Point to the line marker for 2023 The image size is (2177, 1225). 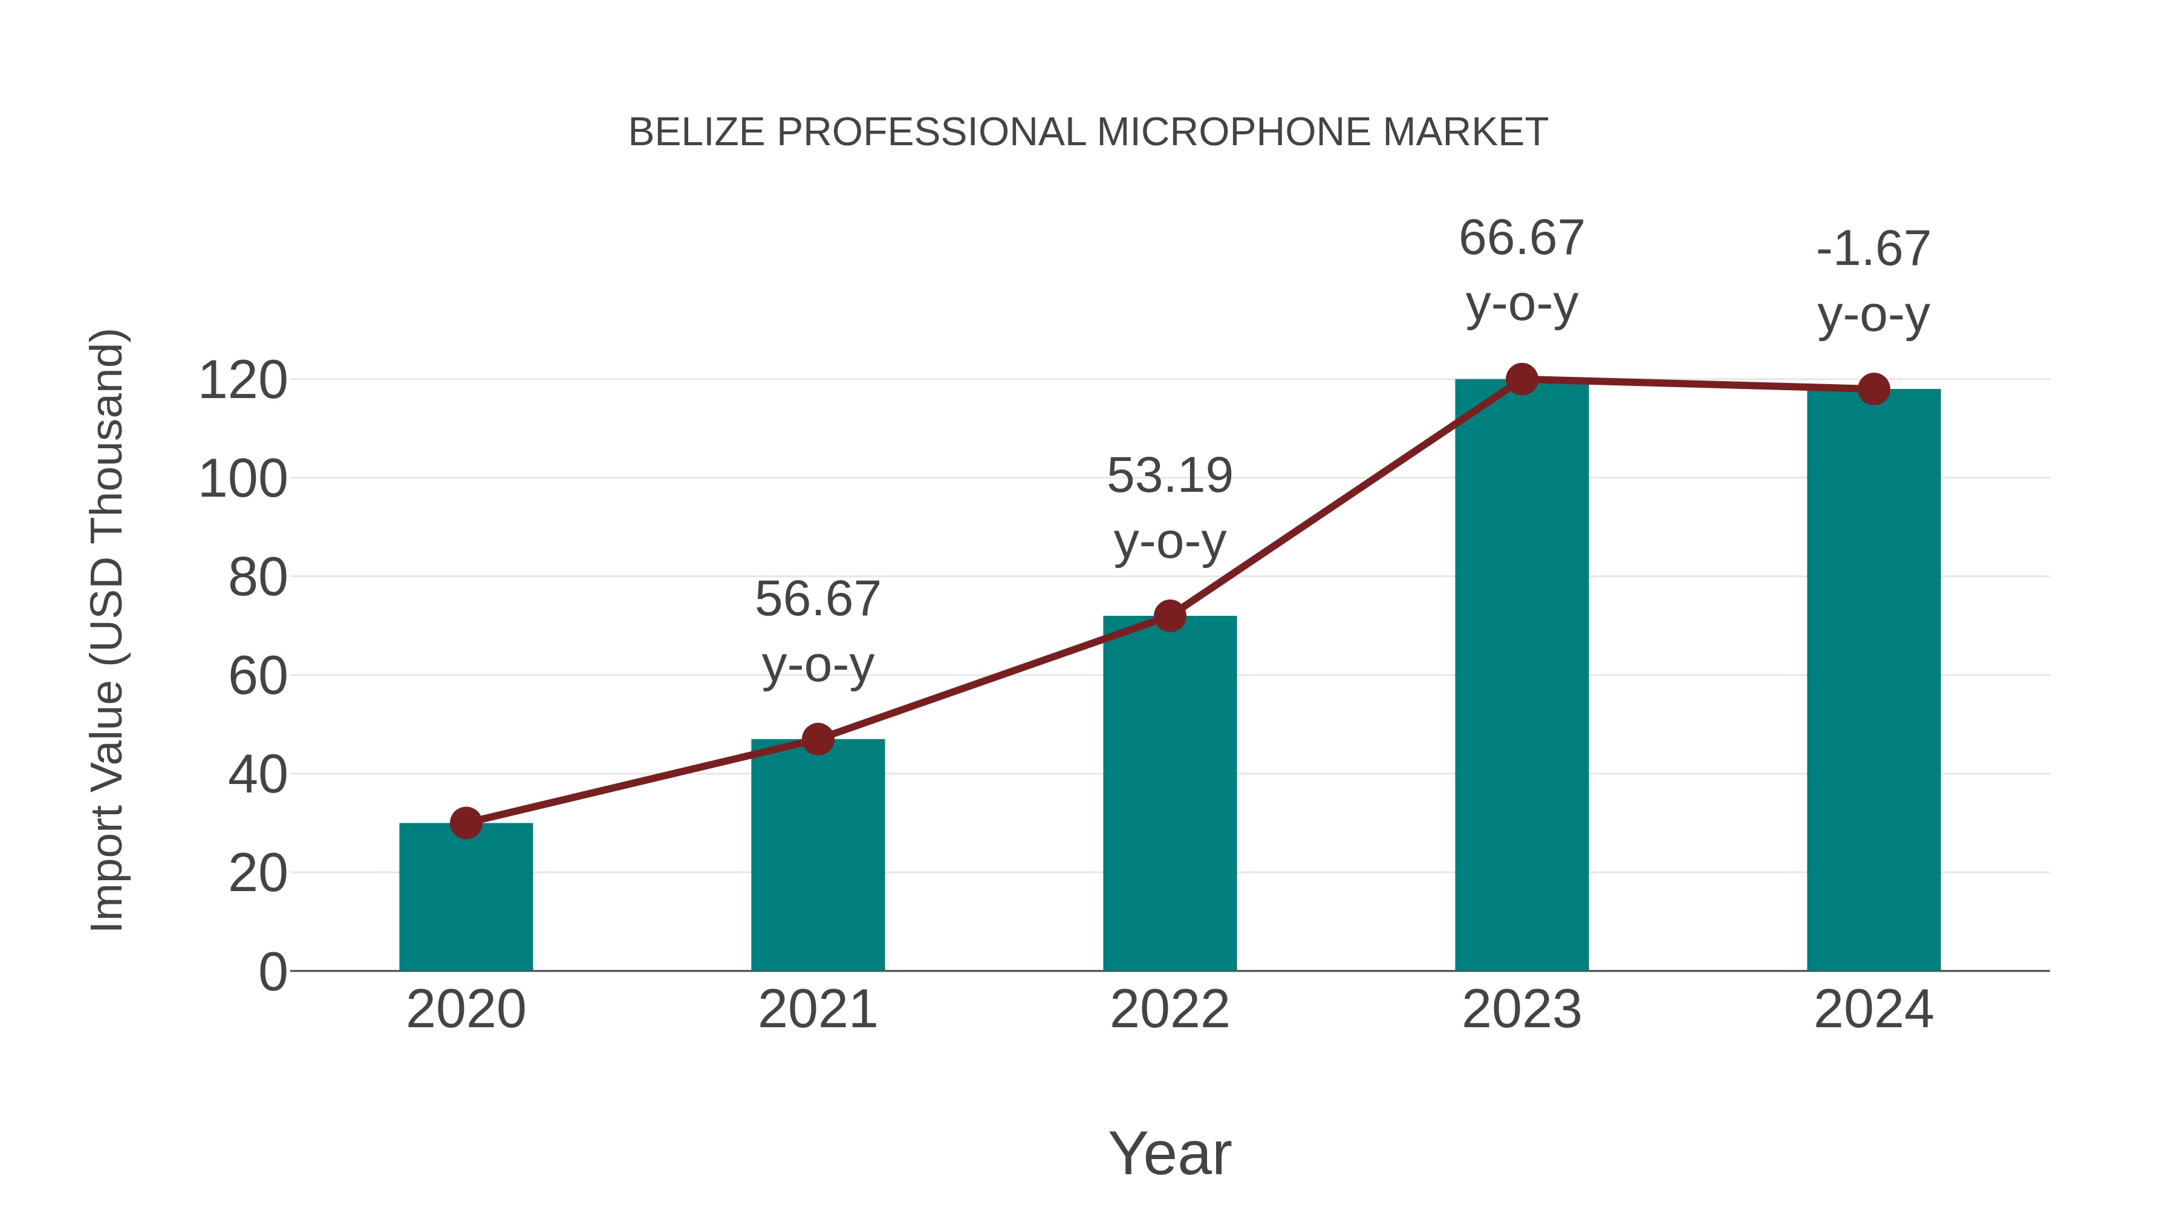point(1521,379)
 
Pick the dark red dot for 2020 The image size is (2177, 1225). point(466,823)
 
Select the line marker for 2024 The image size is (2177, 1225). point(1873,389)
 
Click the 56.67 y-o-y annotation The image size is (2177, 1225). point(817,632)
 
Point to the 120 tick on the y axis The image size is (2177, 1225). point(242,381)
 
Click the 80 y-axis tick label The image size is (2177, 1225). point(258,578)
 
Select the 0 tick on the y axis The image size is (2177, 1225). point(272,972)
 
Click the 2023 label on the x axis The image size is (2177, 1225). point(1521,1010)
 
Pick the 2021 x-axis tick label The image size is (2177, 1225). point(817,1010)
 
